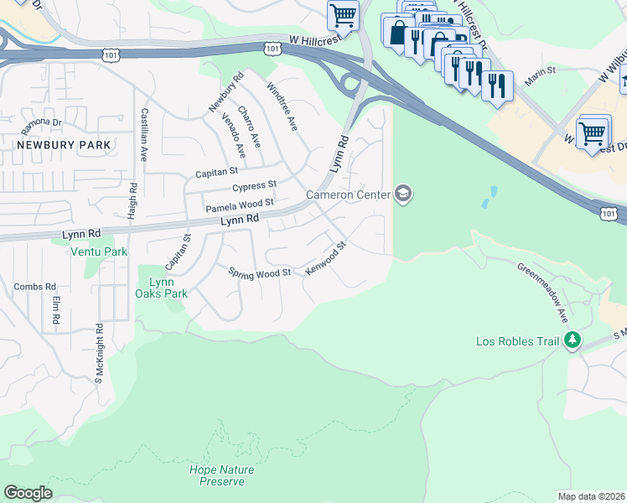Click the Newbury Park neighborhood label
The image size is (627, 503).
63,145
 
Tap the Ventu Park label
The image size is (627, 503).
98,251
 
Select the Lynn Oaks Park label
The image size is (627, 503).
161,288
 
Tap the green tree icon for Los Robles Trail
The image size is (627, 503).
573,340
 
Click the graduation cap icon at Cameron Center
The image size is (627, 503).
403,194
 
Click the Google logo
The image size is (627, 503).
28,493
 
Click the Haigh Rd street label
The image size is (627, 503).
132,202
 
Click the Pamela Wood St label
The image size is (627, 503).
240,204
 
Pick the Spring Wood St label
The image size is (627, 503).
259,272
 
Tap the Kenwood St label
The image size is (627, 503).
326,261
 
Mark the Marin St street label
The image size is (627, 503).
540,77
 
